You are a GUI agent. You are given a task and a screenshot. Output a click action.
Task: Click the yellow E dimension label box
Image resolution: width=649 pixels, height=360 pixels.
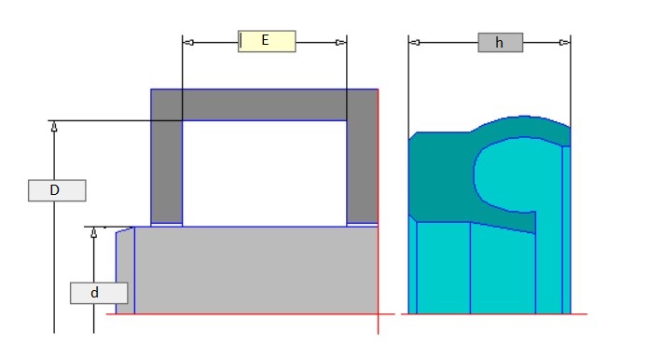pos(267,41)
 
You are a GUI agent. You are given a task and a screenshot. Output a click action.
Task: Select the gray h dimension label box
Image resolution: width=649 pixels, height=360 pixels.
pos(501,42)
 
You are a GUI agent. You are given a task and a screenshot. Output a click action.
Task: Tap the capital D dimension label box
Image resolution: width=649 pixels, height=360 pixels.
pos(57,190)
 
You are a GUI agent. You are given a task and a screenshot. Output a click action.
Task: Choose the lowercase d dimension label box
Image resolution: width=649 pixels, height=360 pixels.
pos(99,293)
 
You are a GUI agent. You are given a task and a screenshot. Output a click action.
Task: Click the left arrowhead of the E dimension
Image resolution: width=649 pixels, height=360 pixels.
pos(188,42)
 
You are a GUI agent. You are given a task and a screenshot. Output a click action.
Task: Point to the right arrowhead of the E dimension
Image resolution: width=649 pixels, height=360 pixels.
pos(340,42)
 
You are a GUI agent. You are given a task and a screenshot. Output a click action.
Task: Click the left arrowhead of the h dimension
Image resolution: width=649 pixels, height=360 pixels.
pos(414,42)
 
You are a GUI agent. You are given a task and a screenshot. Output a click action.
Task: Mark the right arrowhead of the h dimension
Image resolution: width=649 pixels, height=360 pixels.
pos(564,42)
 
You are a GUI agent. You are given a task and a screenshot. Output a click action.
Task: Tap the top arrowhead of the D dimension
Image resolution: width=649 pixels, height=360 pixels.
pos(54,127)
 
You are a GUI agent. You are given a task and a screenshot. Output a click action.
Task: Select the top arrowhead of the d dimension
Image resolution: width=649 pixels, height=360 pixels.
pos(94,232)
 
